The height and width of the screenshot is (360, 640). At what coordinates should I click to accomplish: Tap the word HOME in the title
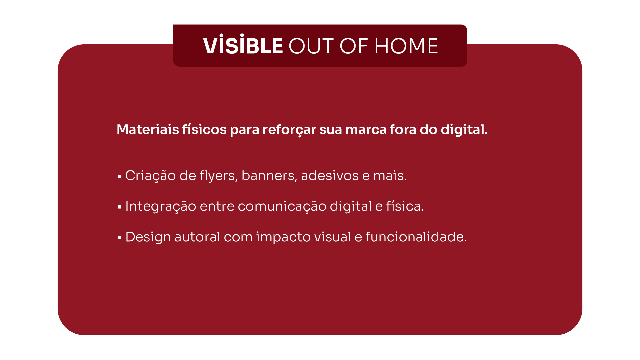(x=406, y=46)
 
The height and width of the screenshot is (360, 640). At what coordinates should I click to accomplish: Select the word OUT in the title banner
(x=311, y=46)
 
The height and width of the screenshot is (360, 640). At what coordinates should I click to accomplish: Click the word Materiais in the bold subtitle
(x=148, y=129)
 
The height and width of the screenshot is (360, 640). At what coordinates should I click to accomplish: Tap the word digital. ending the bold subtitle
(x=464, y=130)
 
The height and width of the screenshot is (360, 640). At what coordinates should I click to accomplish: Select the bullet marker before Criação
(x=119, y=176)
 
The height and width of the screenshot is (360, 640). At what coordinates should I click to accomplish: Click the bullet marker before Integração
(x=119, y=207)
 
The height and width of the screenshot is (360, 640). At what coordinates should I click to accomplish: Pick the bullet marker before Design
(x=119, y=238)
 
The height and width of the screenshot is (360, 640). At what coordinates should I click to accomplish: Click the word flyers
(x=219, y=176)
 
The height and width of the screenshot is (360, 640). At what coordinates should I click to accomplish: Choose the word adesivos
(x=330, y=175)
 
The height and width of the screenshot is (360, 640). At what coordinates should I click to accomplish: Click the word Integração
(x=161, y=207)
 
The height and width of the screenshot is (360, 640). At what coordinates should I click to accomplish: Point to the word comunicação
(x=282, y=207)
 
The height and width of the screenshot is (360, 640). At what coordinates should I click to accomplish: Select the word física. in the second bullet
(x=405, y=206)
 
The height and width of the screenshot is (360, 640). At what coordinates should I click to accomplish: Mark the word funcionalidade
(x=416, y=237)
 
